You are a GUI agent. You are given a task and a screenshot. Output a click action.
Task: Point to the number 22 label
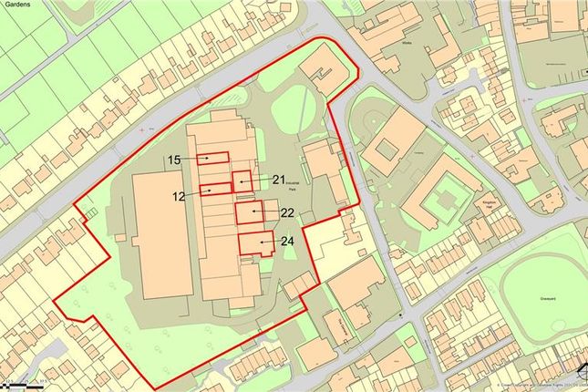point(286,213)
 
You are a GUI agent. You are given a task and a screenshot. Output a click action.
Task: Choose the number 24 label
point(286,242)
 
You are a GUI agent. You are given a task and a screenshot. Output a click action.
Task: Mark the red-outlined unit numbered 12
point(210,189)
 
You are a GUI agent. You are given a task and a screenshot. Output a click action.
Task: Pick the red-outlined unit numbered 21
point(241,181)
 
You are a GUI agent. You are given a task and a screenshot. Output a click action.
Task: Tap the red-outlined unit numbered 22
point(249,213)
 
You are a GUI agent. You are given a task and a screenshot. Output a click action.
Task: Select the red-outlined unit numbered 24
point(256,243)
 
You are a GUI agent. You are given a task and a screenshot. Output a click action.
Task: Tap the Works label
point(407,42)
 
